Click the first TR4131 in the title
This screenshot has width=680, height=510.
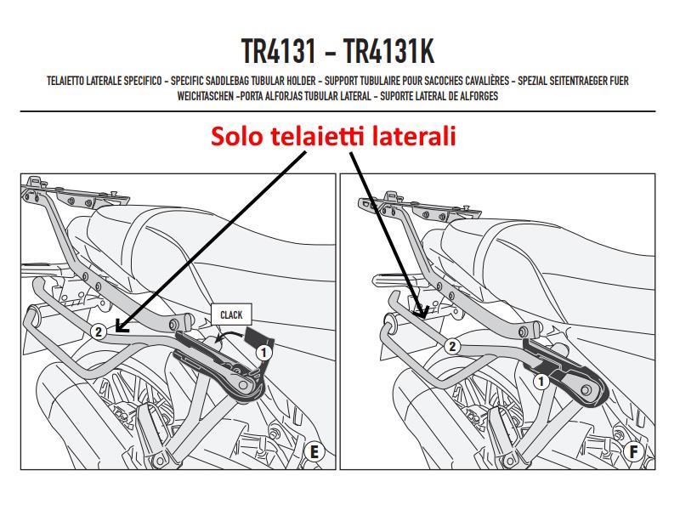(x=280, y=53)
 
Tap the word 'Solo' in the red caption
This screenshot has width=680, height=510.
(x=237, y=136)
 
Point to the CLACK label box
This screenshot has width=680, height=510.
(x=230, y=314)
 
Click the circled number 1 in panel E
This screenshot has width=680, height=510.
(x=263, y=350)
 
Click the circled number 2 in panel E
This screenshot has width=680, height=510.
(x=99, y=331)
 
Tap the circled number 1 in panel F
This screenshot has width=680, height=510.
(x=541, y=382)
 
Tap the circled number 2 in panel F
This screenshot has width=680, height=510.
(x=452, y=346)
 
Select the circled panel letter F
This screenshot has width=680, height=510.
(x=633, y=451)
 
